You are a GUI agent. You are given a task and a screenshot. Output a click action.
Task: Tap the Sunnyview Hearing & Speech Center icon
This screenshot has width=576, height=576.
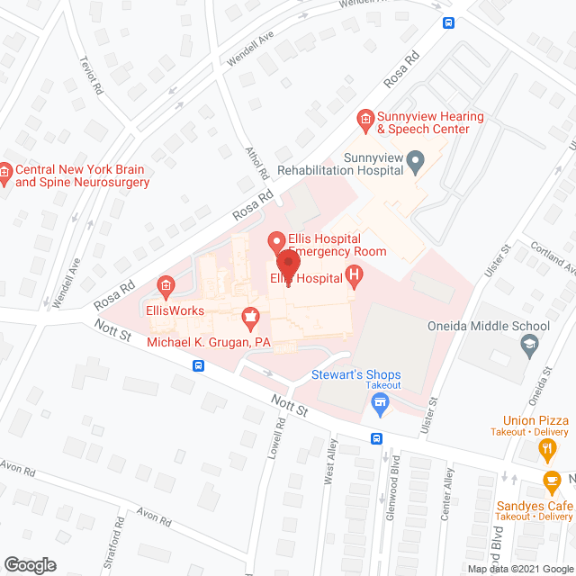click(364, 118)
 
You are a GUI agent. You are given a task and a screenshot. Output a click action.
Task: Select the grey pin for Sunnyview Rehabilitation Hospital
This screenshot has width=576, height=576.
click(416, 162)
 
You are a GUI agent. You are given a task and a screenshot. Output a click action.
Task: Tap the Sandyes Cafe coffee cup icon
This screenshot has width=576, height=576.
click(551, 482)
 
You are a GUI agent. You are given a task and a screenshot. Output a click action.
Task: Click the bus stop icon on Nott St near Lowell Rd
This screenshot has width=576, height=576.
click(198, 366)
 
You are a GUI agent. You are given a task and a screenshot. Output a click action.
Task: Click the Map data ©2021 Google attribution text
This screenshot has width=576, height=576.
click(519, 569)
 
